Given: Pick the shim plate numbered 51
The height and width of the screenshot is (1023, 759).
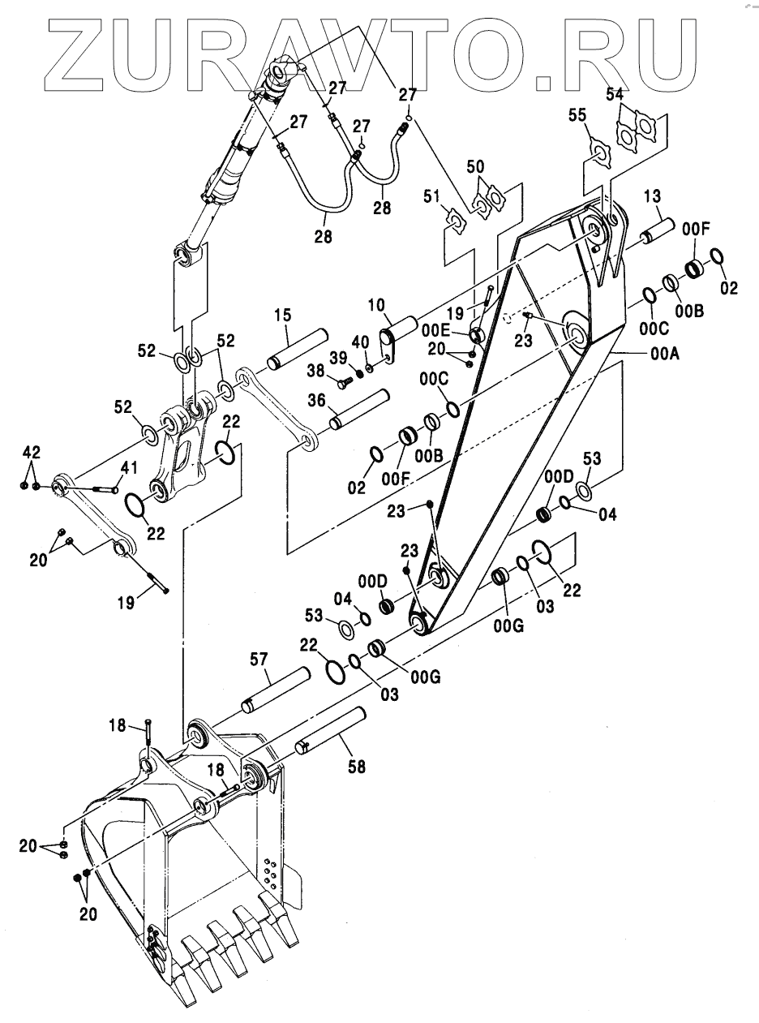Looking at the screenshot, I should point(455,219).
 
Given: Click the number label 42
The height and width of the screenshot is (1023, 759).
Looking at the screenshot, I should point(30,452).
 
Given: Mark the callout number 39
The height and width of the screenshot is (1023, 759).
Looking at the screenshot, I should point(337,358).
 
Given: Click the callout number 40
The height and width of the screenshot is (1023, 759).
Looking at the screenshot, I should point(360,342).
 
